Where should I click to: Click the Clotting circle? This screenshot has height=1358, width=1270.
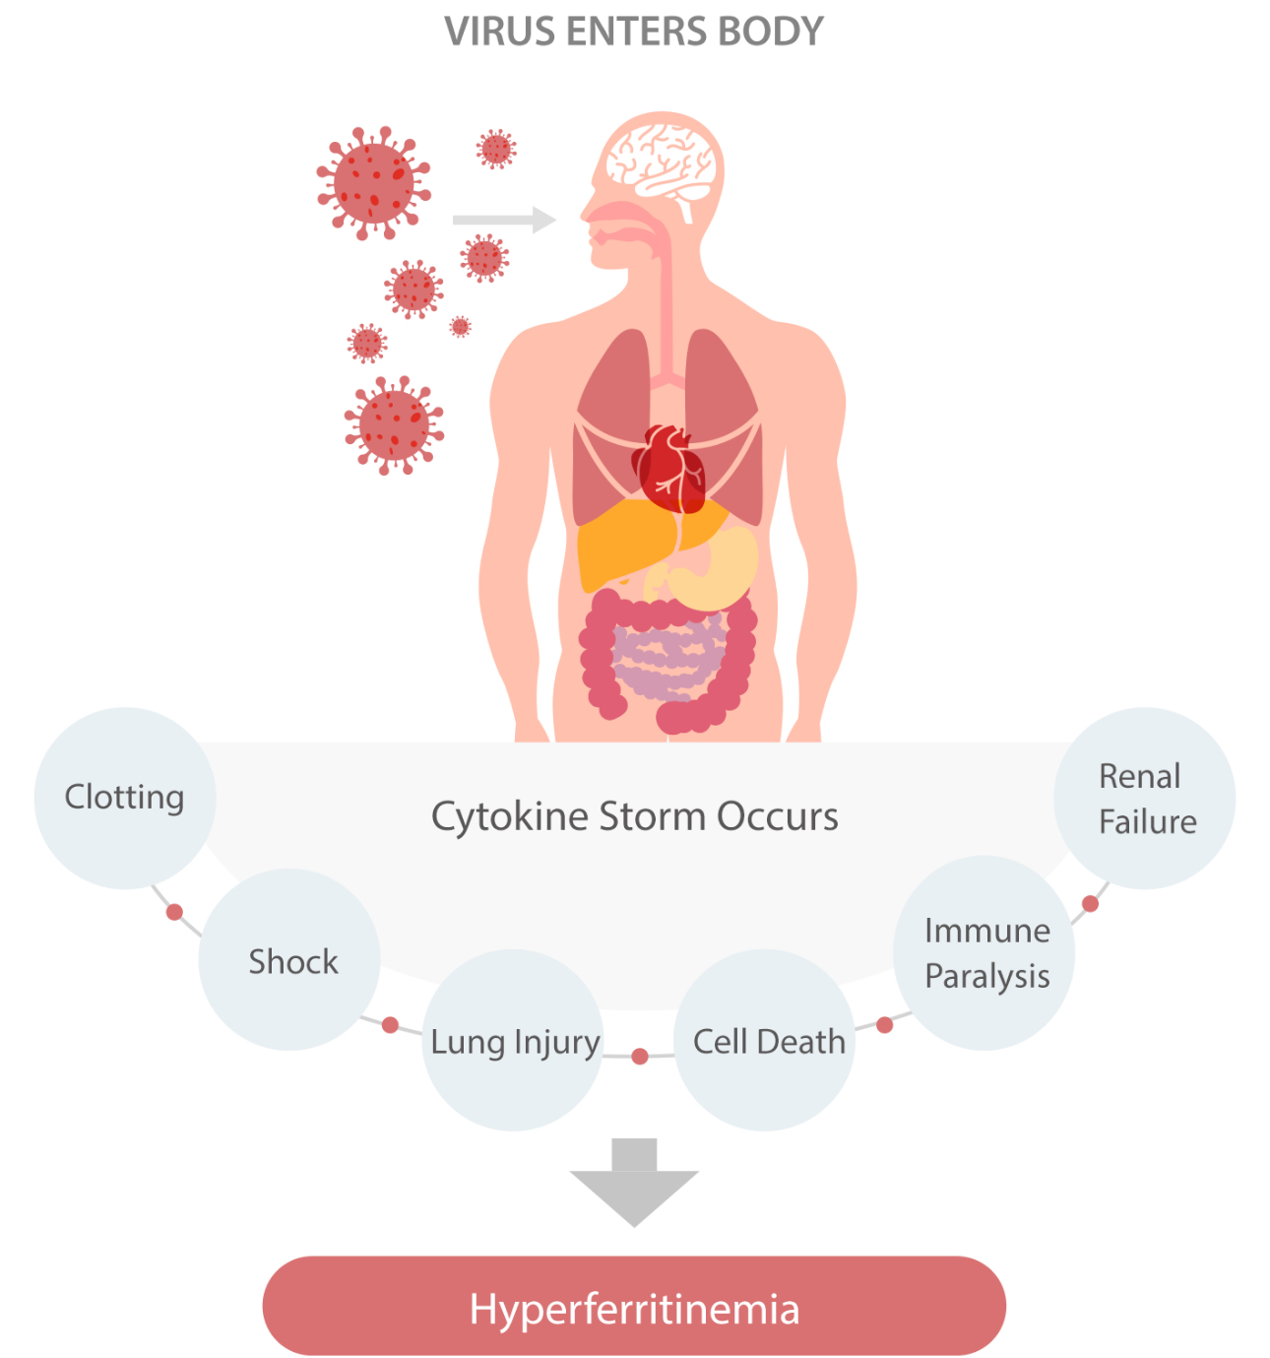point(124,798)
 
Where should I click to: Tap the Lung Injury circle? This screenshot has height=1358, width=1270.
point(514,1041)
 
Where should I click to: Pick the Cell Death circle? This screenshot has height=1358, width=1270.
point(766,1041)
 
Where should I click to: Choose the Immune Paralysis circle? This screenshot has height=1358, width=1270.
point(984,953)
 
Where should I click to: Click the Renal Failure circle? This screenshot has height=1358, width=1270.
point(1145,798)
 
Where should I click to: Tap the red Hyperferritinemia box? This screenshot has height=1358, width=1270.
point(634,1307)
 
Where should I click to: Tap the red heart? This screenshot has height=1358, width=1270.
point(669,468)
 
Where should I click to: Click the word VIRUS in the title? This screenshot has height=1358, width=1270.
point(487,32)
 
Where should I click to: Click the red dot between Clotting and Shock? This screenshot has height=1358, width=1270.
point(175,912)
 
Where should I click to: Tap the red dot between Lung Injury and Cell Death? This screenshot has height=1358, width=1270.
point(640,1057)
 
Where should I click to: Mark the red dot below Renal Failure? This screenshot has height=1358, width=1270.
point(1090,903)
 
